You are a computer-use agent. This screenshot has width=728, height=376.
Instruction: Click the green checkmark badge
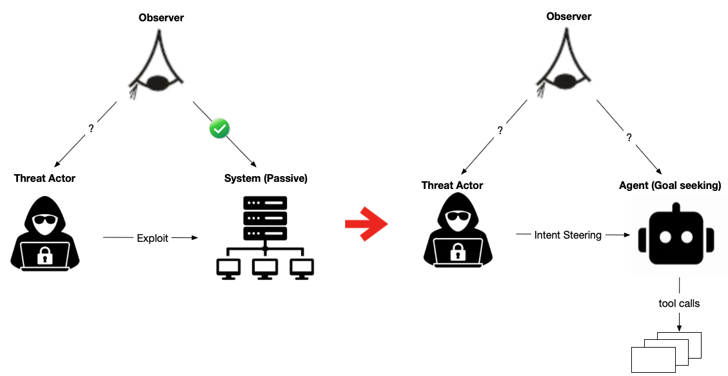[x=220, y=129]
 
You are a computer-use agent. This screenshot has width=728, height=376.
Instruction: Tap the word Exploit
[x=152, y=238]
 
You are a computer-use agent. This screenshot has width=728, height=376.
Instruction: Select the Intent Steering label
[x=567, y=235]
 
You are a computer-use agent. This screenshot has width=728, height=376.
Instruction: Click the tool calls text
[x=679, y=303]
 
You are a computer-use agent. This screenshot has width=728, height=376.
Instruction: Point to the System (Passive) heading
[x=266, y=179]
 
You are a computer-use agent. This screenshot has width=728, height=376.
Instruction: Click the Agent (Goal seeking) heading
[x=670, y=186]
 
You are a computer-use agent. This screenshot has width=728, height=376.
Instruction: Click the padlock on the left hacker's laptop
[x=44, y=257]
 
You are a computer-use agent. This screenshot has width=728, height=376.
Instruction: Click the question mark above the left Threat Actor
[x=91, y=128]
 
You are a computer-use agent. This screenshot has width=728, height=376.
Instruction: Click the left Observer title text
[x=161, y=18]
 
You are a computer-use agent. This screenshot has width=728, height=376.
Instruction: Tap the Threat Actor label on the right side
[x=452, y=186]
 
